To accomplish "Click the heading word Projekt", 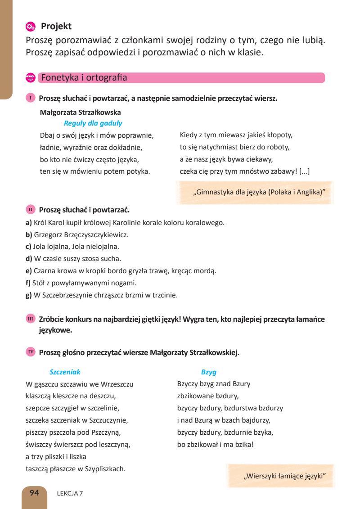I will (56, 27).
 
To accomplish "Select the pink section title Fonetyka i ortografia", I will (84, 78).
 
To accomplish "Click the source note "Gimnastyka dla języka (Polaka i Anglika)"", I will (259, 192).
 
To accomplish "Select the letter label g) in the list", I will (28, 296).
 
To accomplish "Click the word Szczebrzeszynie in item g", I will (65, 296).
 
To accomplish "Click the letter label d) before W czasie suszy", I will (28, 259).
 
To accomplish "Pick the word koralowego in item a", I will (202, 222).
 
